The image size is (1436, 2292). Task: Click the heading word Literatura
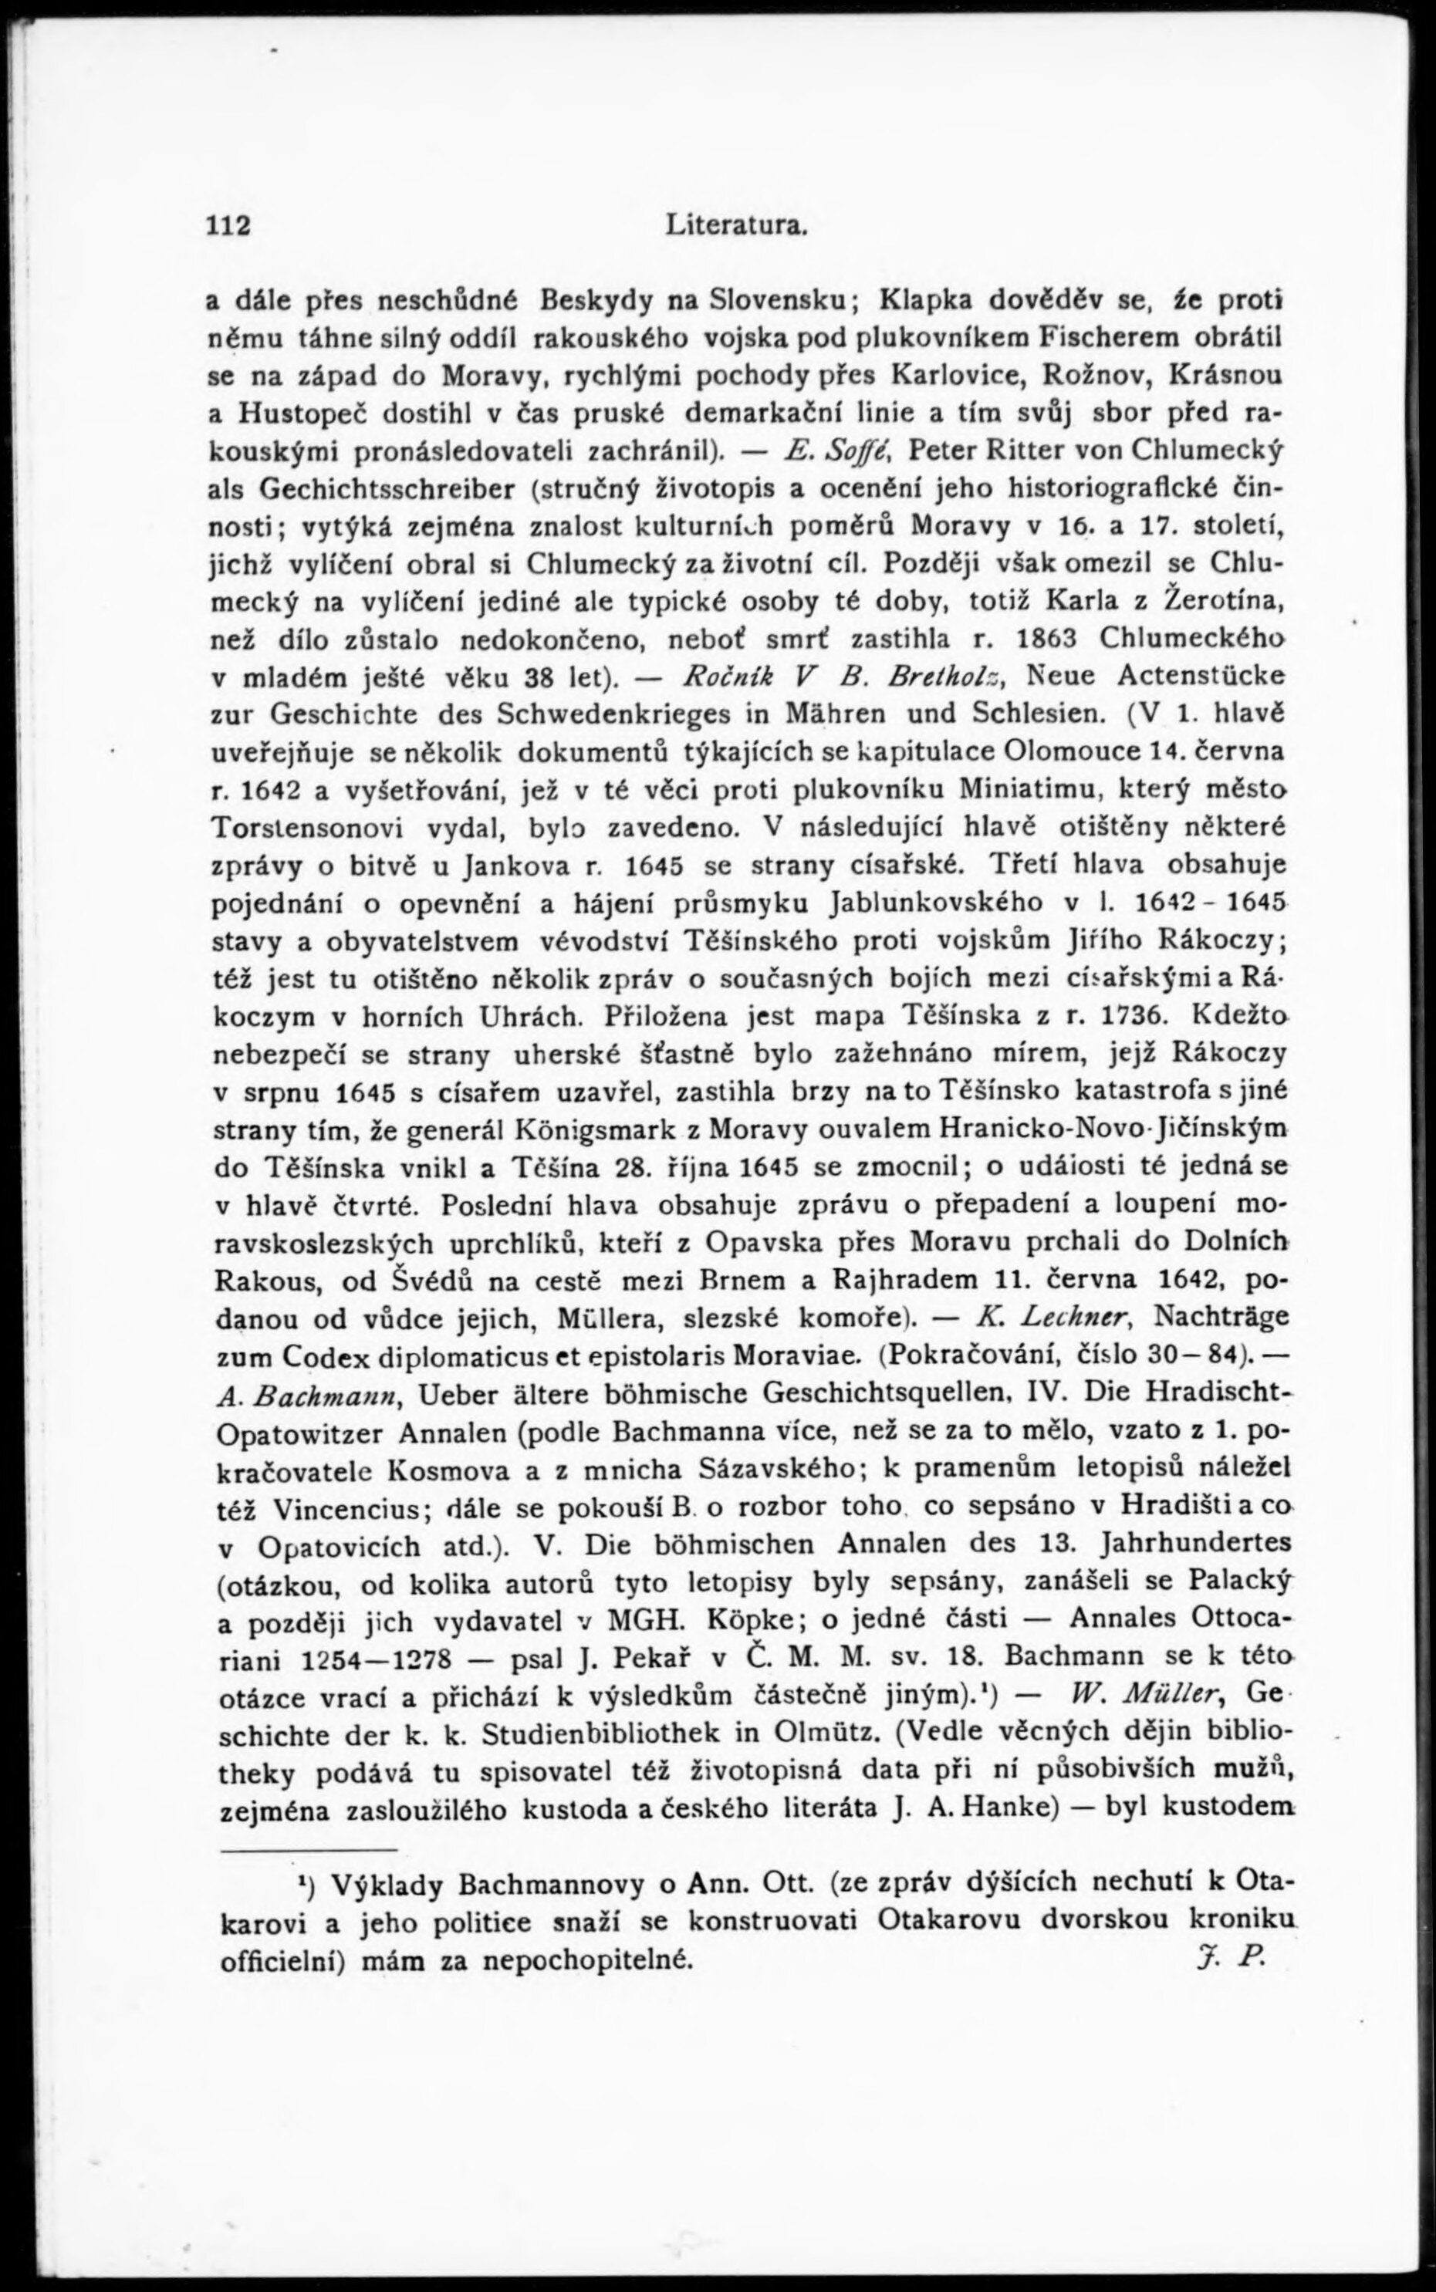click(737, 226)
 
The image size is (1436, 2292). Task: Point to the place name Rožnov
click(1094, 375)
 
